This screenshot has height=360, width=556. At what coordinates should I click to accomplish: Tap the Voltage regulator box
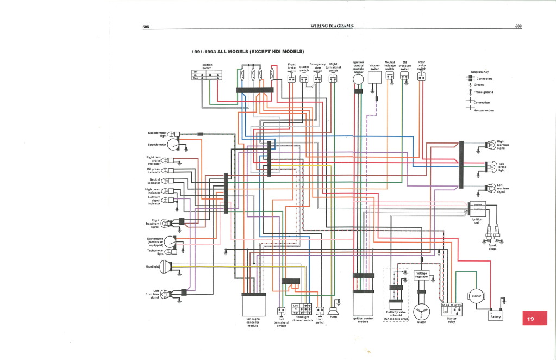pyautogui.click(x=421, y=275)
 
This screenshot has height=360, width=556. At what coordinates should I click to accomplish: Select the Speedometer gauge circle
pyautogui.click(x=173, y=145)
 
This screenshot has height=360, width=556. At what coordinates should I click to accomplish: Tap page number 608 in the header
pyautogui.click(x=145, y=26)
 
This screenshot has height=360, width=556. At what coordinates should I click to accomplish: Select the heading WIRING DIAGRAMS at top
pyautogui.click(x=332, y=26)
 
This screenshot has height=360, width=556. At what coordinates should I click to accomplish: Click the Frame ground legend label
pyautogui.click(x=484, y=92)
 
